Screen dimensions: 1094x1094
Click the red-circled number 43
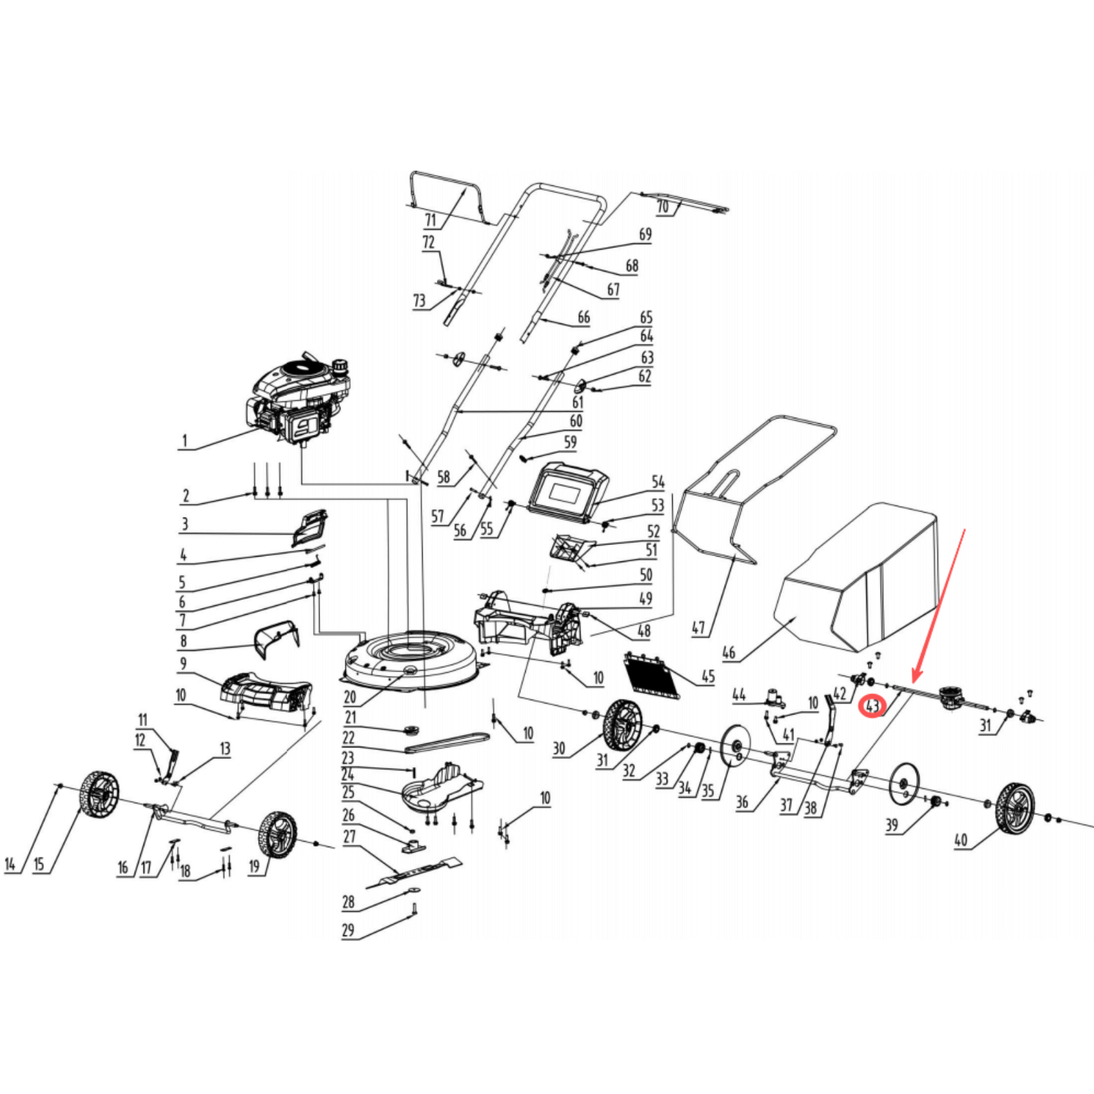pos(872,705)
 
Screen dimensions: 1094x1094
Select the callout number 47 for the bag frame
pos(698,628)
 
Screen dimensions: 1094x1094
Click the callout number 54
pos(658,482)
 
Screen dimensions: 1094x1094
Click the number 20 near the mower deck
pos(350,697)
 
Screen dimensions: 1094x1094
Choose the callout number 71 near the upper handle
pos(431,220)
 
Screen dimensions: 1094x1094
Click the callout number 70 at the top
pos(663,207)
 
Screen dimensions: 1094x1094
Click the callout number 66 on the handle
pos(583,317)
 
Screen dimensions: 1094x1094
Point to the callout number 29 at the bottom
pos(348,930)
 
